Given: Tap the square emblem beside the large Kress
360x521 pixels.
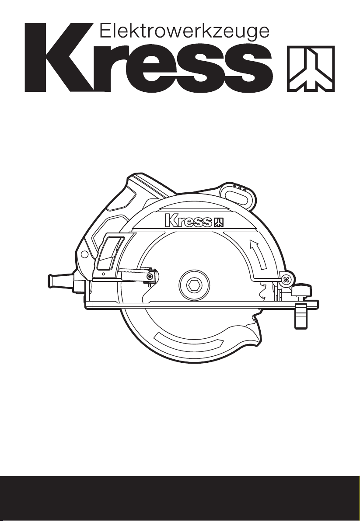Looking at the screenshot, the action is pos(311,69).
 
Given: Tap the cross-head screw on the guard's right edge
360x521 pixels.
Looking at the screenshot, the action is pos(285,280).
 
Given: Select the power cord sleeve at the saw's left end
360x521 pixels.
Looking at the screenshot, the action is pos(60,280).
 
